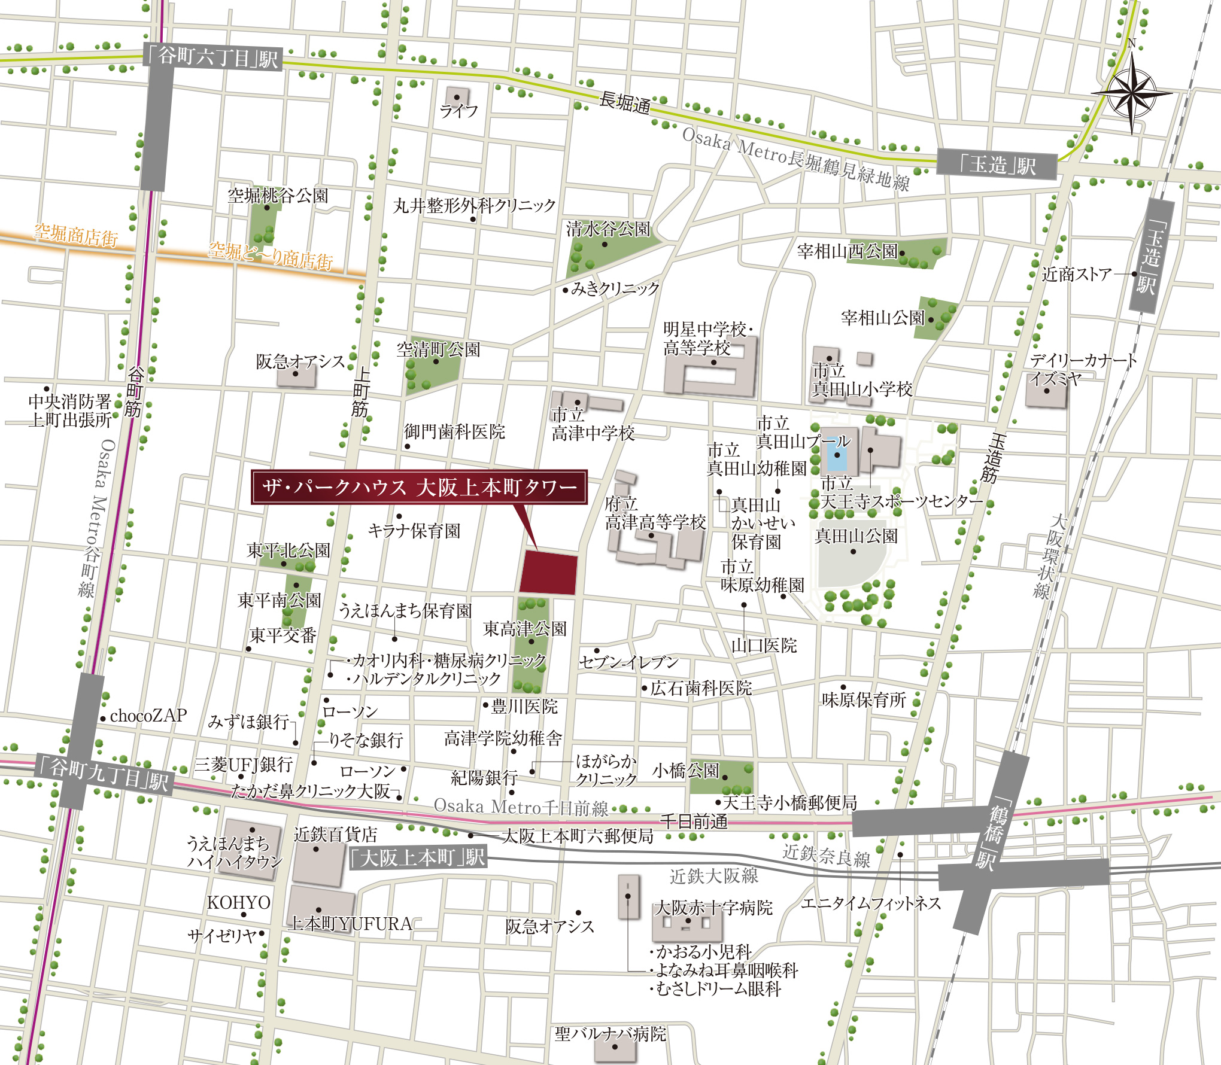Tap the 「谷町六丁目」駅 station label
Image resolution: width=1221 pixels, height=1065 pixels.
[x=212, y=57]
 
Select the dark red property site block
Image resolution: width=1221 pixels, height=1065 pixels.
[x=548, y=573]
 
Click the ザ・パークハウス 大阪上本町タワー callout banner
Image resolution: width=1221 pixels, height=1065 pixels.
[x=419, y=487]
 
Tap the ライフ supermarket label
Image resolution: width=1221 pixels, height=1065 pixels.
[x=458, y=111]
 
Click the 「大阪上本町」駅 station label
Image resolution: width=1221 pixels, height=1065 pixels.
[x=418, y=858]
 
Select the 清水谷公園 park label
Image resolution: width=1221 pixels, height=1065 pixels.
[x=608, y=229]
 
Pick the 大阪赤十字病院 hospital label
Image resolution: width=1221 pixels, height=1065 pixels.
[x=713, y=908]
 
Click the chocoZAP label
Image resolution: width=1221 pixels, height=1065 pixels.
[x=148, y=715]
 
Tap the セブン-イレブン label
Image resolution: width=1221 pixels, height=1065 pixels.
[x=628, y=662]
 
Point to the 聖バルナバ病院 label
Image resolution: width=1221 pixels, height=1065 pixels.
[x=610, y=1034]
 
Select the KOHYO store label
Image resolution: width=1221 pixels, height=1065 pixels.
[x=238, y=902]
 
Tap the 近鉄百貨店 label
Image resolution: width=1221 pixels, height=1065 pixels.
[x=335, y=834]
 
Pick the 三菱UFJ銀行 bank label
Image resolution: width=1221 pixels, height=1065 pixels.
[x=244, y=764]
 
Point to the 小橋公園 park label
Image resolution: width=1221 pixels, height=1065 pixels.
[x=685, y=770]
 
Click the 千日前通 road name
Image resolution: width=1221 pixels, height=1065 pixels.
[x=694, y=821]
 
